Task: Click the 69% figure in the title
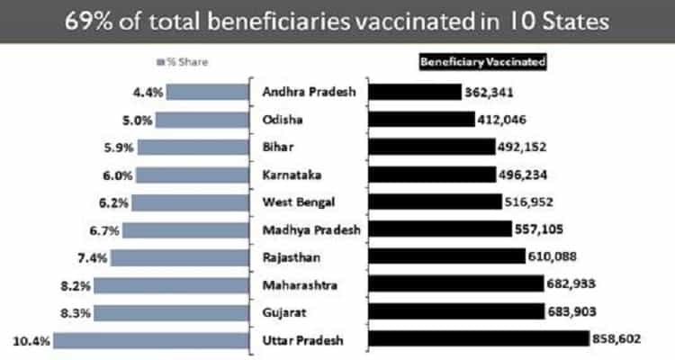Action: point(82,21)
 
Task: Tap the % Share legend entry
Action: point(182,64)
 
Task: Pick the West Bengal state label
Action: point(296,202)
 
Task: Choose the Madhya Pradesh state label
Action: point(310,229)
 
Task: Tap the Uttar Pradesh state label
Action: point(302,340)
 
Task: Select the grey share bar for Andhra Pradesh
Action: point(207,91)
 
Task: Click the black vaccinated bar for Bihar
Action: point(428,147)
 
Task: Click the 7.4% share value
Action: point(94,257)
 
